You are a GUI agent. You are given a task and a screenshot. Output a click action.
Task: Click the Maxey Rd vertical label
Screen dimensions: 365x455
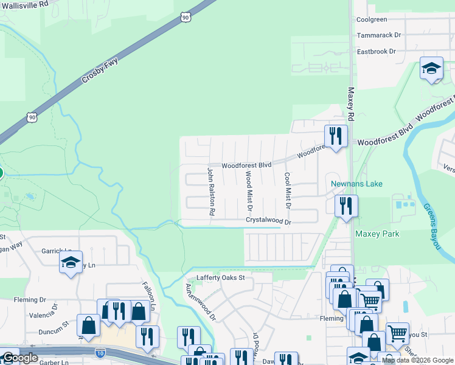pyautogui.click(x=351, y=103)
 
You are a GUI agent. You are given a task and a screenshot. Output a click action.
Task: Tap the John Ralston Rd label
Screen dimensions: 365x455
pyautogui.click(x=211, y=192)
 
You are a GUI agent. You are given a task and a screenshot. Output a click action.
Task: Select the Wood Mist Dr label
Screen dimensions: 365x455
pyautogui.click(x=248, y=190)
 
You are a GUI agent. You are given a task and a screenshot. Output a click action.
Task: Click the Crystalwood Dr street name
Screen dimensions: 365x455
pyautogui.click(x=269, y=221)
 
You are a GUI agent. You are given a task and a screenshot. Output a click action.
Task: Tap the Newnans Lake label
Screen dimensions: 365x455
pyautogui.click(x=356, y=184)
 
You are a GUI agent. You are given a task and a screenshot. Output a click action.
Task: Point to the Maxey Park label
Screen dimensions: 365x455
pyautogui.click(x=372, y=234)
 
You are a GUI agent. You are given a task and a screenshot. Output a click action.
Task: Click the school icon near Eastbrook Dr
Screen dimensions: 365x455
pyautogui.click(x=431, y=69)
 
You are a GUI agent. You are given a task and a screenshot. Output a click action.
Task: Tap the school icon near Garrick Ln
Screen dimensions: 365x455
pyautogui.click(x=71, y=263)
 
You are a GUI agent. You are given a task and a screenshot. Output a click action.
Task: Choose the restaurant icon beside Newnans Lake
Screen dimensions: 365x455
pyautogui.click(x=346, y=205)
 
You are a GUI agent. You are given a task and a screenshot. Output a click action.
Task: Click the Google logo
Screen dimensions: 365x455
pyautogui.click(x=20, y=358)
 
